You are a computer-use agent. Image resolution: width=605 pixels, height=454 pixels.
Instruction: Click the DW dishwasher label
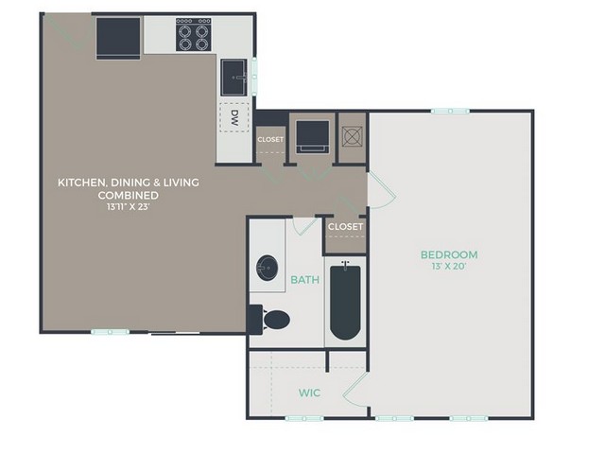point(233,117)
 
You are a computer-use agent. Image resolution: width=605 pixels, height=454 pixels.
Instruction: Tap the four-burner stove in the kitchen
point(193,34)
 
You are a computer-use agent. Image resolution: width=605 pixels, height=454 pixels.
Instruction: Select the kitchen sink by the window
point(233,78)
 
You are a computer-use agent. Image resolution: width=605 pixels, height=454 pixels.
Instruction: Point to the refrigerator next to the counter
point(118,39)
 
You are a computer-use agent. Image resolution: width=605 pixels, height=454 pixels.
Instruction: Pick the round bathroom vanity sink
point(267,268)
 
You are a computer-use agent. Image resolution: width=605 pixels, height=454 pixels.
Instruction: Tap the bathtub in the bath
point(345,301)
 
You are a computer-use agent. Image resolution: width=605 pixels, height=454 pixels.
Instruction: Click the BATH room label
point(304,280)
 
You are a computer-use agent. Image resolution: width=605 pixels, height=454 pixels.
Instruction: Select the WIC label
point(309,393)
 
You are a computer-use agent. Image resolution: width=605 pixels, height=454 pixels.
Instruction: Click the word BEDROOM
point(449,254)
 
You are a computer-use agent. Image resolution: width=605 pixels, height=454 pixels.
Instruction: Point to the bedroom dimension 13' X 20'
point(449,266)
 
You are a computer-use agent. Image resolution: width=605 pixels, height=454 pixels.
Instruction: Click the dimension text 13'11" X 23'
point(129,206)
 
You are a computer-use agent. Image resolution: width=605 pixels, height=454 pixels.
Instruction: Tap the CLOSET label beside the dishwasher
point(270,139)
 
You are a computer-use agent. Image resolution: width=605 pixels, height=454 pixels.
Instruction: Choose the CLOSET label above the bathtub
point(345,227)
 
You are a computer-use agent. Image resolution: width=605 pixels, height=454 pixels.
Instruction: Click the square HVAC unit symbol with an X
point(353,136)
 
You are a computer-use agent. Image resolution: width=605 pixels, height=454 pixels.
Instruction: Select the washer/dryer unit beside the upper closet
point(313,137)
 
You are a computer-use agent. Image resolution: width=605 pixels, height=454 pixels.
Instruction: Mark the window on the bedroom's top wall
point(450,112)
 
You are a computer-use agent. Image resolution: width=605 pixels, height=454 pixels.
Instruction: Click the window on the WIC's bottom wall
point(304,418)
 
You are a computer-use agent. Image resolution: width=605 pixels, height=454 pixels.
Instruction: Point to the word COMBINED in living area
point(129,195)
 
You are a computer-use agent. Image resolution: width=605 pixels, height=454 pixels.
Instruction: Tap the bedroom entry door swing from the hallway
point(382,191)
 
